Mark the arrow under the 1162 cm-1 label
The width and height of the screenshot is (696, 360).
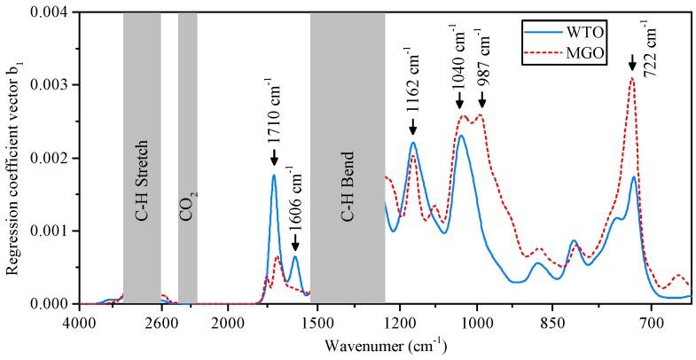tap(413, 129)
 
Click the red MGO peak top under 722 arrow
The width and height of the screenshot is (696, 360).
tap(631, 78)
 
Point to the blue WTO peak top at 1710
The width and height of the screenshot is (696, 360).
tap(274, 176)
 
